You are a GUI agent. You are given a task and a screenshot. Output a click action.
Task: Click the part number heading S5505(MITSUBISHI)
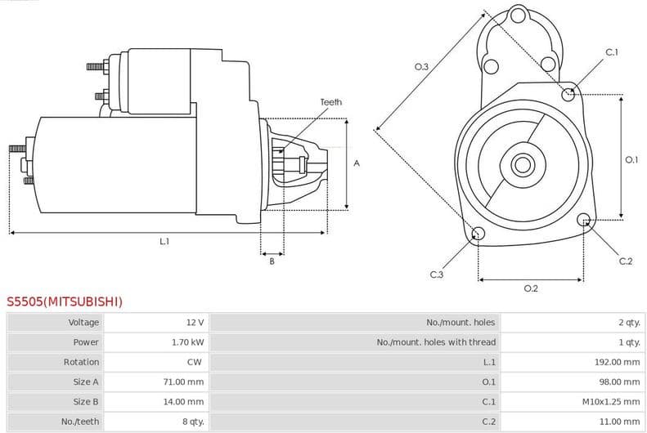pyautogui.click(x=65, y=301)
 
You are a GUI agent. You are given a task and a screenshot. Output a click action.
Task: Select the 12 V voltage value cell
pyautogui.click(x=195, y=323)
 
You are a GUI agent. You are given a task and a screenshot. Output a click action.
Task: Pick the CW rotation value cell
pyautogui.click(x=195, y=362)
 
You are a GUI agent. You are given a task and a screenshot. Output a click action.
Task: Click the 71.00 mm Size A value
pyautogui.click(x=184, y=382)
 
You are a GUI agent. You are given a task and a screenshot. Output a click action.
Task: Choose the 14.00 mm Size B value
pyautogui.click(x=184, y=402)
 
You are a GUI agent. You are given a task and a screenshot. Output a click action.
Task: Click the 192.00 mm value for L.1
pyautogui.click(x=617, y=362)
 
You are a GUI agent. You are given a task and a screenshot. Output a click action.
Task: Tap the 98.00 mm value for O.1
pyautogui.click(x=619, y=382)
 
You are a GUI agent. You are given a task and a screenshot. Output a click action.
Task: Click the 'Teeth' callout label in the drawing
pyautogui.click(x=330, y=102)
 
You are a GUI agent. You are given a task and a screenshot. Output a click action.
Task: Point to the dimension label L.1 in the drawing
pyautogui.click(x=164, y=242)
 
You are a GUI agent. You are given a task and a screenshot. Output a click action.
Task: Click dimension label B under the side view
pyautogui.click(x=272, y=261)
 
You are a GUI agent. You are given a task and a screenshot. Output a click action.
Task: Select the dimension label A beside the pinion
pyautogui.click(x=357, y=163)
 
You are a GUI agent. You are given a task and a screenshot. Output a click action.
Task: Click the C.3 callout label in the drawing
pyautogui.click(x=436, y=275)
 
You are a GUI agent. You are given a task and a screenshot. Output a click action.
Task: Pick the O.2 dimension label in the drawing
pyautogui.click(x=530, y=288)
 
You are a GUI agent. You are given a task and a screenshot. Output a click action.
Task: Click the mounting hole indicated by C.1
pyautogui.click(x=568, y=94)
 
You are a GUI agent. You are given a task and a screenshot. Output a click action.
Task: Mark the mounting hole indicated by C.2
pyautogui.click(x=584, y=220)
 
